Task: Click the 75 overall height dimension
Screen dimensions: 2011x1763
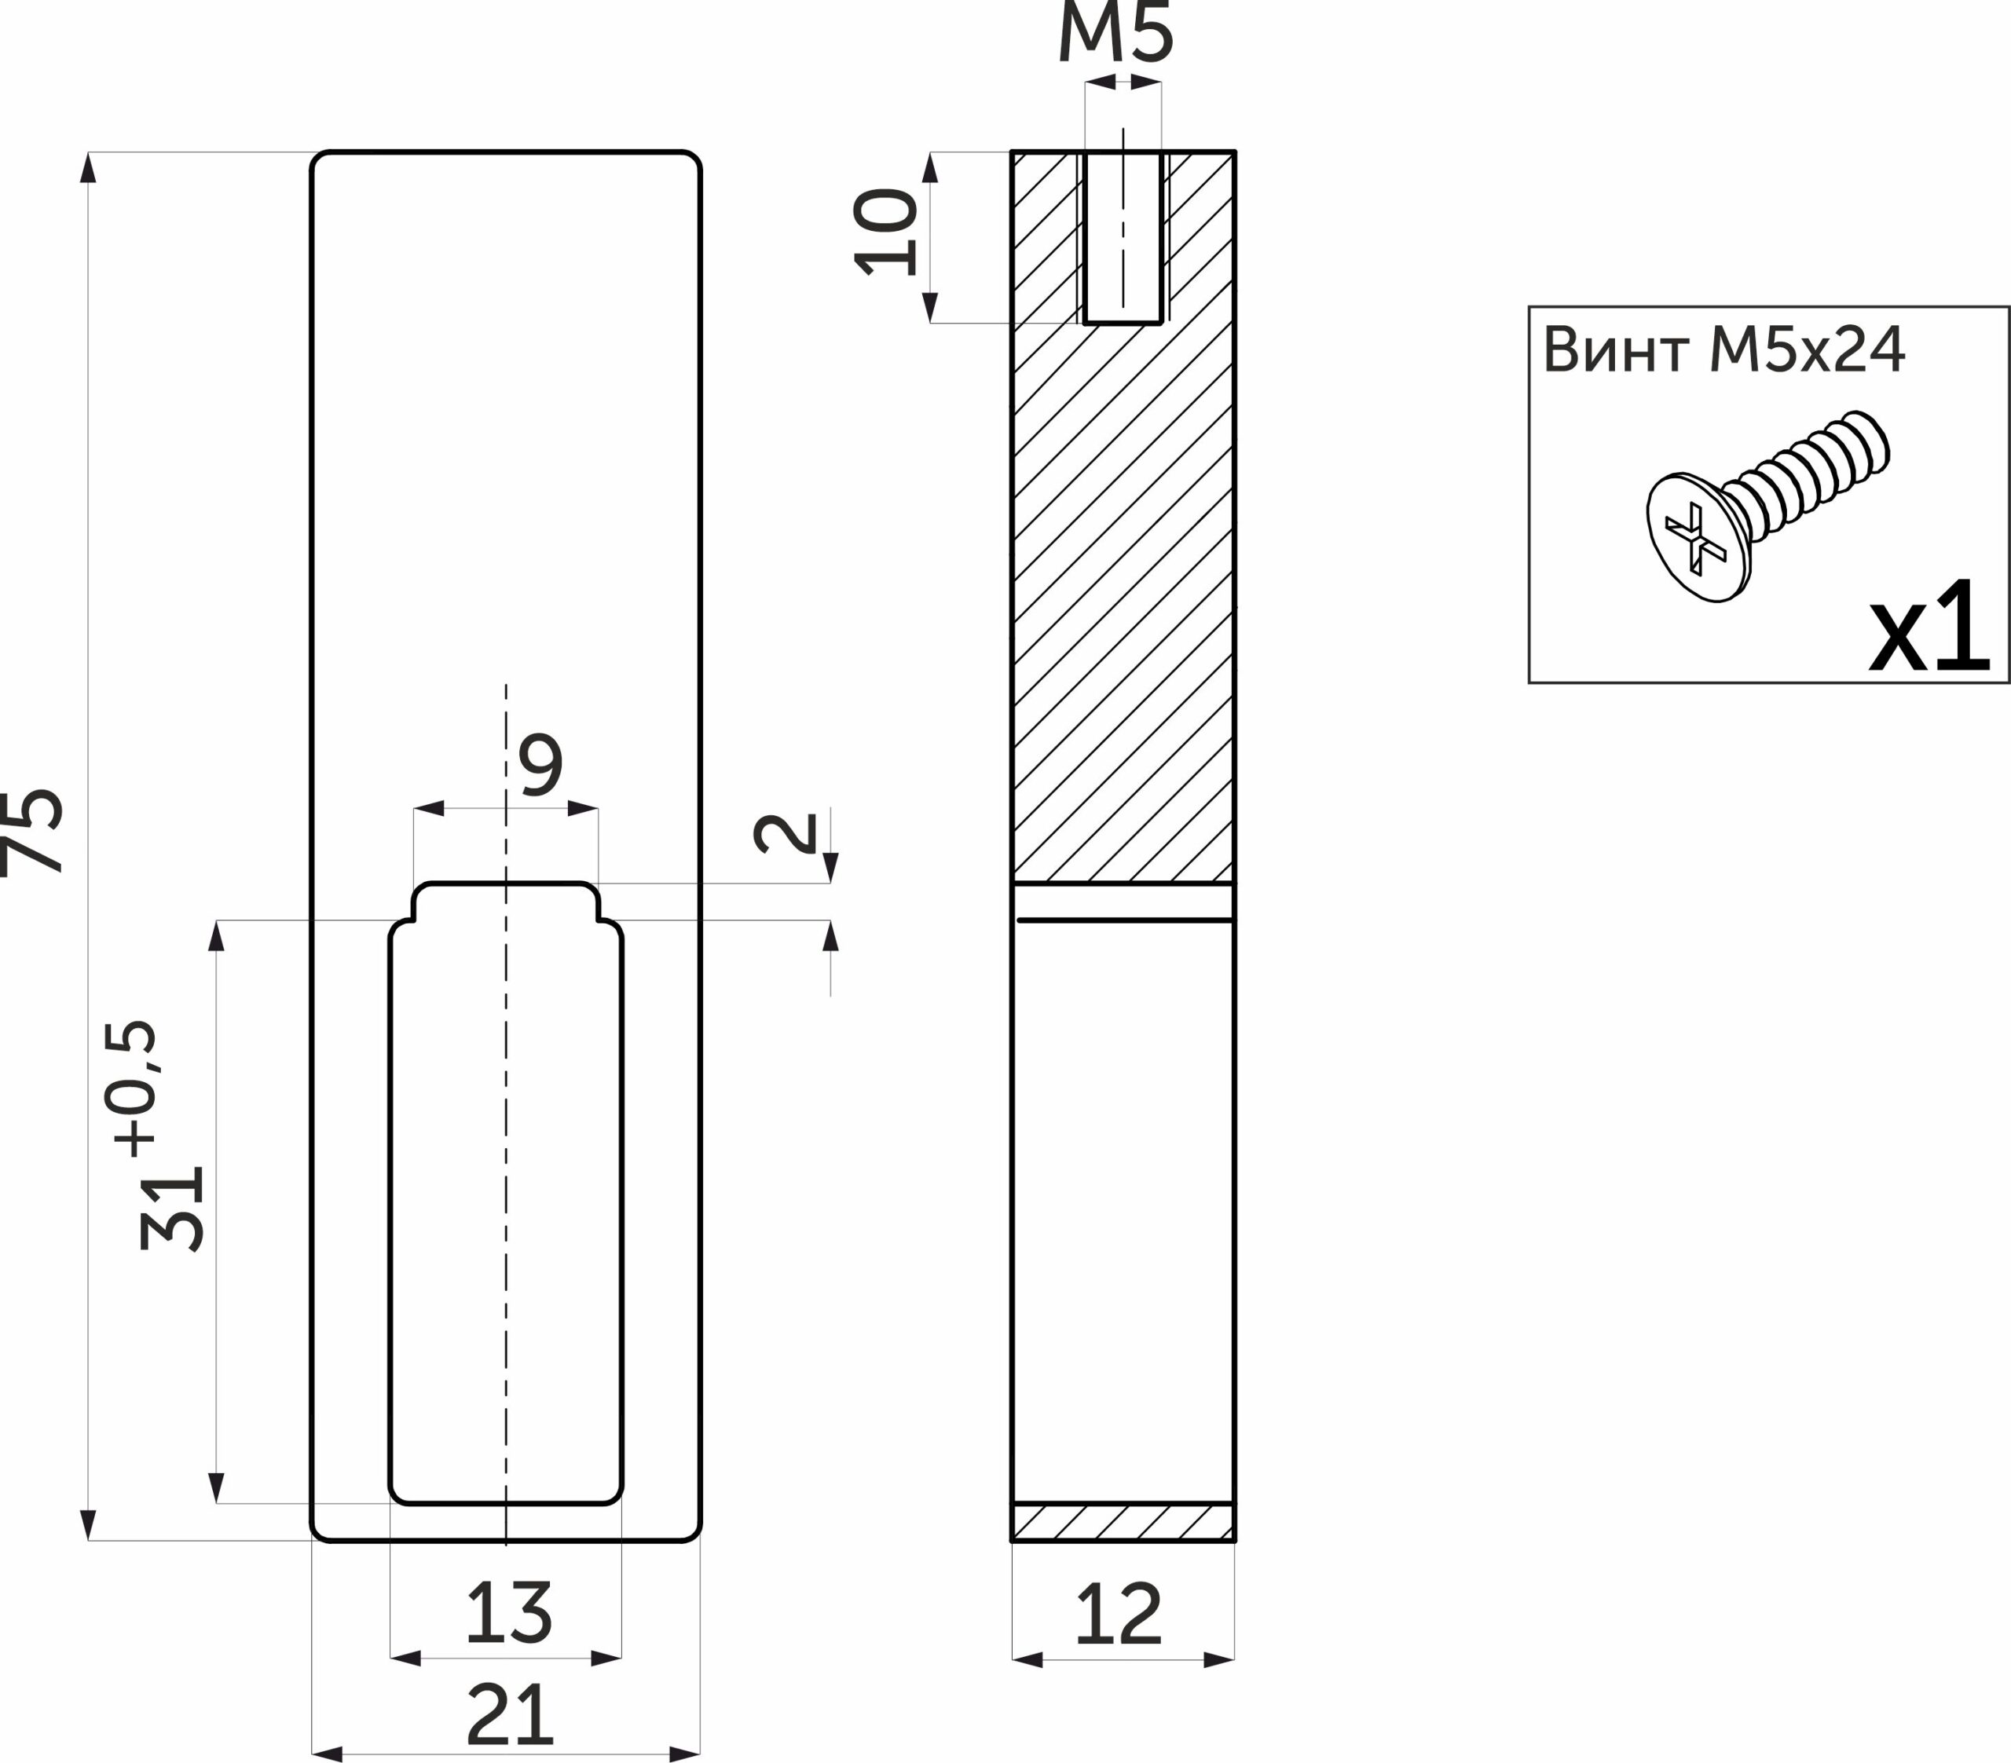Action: (31, 832)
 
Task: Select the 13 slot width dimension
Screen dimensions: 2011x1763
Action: (509, 1611)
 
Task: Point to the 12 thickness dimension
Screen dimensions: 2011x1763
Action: (1119, 1614)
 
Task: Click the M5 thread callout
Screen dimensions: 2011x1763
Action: (1115, 31)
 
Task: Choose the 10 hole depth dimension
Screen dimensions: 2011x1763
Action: (886, 232)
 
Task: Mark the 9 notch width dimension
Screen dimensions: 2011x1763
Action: (541, 763)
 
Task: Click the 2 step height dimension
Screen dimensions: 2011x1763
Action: (785, 833)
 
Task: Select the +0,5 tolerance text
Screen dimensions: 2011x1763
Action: (132, 1089)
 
